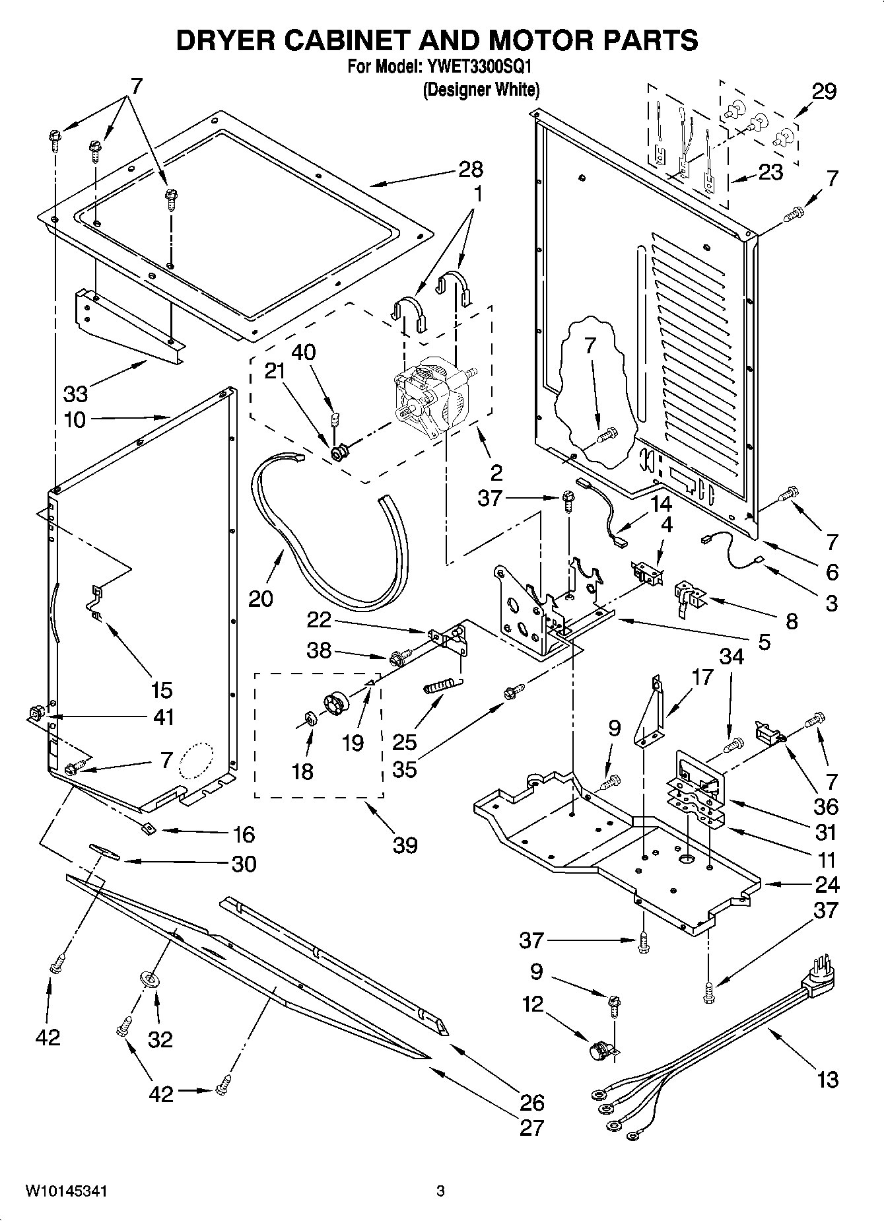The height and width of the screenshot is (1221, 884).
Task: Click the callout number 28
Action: [471, 170]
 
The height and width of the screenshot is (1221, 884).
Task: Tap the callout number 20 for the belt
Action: [261, 598]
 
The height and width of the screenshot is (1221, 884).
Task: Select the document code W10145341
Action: [67, 1191]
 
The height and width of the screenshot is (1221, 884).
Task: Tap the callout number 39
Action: [405, 844]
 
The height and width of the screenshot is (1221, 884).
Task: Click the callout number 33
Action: [75, 394]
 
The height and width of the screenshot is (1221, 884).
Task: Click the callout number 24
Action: [827, 884]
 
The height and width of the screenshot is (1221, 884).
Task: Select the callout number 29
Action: [824, 91]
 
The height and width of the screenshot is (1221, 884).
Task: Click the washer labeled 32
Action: [151, 980]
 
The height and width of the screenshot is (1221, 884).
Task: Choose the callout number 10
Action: [75, 419]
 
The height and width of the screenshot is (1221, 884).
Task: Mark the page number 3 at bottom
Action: [440, 1191]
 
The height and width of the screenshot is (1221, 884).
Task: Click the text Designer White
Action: [481, 90]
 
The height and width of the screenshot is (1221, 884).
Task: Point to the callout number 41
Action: [163, 717]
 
